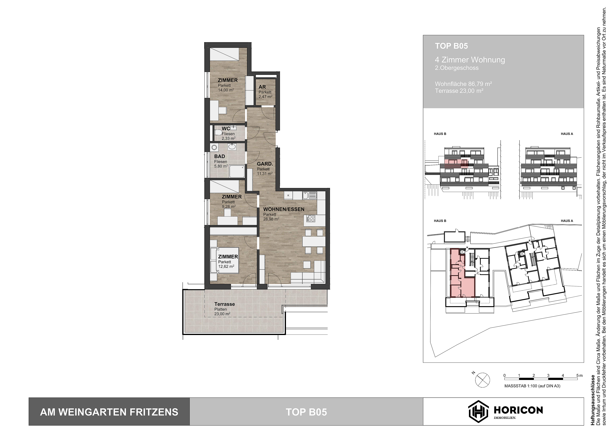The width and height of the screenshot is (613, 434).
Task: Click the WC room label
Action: [x=226, y=129]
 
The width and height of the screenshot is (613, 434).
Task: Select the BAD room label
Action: [x=219, y=156]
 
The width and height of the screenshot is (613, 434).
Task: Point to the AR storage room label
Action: [x=262, y=87]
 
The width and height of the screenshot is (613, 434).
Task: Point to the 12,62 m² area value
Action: [x=226, y=266]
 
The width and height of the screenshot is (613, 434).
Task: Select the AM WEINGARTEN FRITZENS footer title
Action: [x=109, y=412]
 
